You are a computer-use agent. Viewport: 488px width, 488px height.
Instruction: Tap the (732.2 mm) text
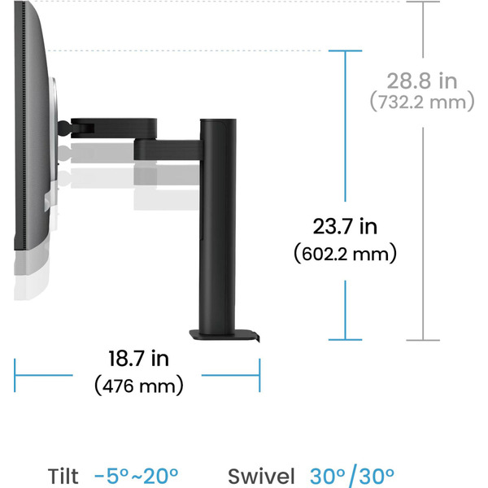pos(421,102)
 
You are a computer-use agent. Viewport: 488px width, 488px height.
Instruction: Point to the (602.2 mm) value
pos(344,253)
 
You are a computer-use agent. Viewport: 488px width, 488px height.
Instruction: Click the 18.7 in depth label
pos(138,357)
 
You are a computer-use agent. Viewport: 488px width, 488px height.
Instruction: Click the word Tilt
pos(63,476)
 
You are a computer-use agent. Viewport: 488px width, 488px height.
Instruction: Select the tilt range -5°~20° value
pos(136,476)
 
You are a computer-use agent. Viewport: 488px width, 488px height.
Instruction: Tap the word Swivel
pos(261,476)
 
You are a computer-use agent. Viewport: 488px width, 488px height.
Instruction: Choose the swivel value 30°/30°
pos(352,476)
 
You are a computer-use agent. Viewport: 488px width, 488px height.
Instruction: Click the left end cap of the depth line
pos(15,374)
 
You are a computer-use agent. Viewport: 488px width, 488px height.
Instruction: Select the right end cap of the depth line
pos(260,374)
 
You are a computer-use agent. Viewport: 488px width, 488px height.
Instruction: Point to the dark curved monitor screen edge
pos(33,122)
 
